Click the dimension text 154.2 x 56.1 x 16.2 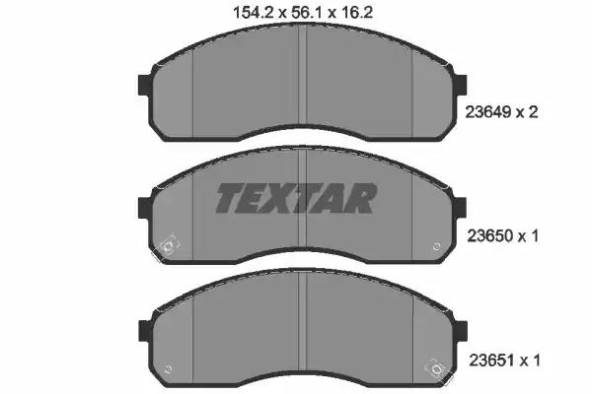[x=303, y=13]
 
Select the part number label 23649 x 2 [x=501, y=112]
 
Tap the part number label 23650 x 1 [x=502, y=236]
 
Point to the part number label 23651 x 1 [x=504, y=361]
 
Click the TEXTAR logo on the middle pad [x=296, y=198]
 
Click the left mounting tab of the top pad [x=146, y=86]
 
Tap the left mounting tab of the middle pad [x=146, y=208]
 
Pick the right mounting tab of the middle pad [x=460, y=208]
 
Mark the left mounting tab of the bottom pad [x=146, y=331]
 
